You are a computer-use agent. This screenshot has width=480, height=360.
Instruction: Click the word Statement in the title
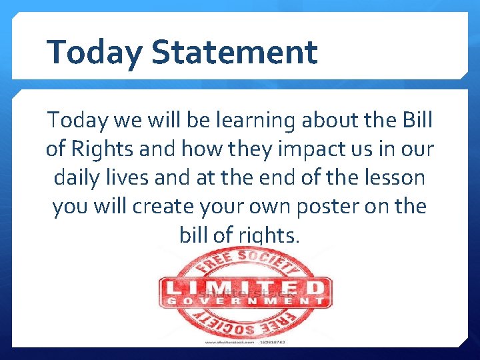234,52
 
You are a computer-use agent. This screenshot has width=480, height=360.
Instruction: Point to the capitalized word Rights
108,149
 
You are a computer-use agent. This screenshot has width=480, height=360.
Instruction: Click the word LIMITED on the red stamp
244,288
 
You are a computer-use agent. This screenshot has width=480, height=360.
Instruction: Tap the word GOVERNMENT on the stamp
244,301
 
